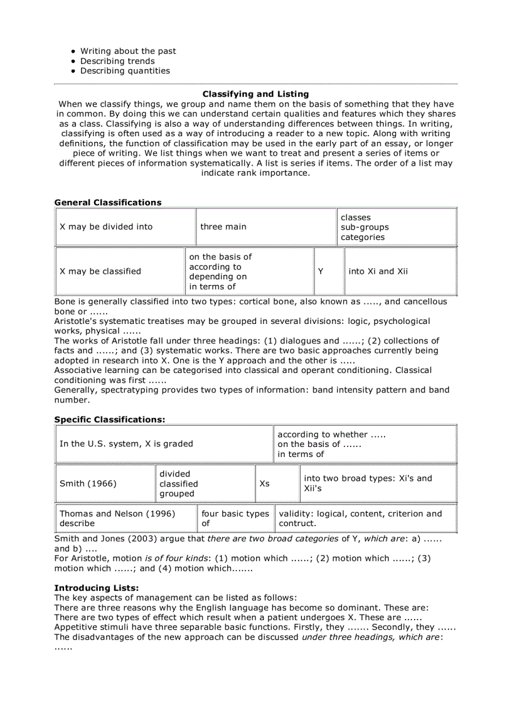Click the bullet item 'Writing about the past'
pyautogui.click(x=128, y=51)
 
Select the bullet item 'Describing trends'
pyautogui.click(x=117, y=61)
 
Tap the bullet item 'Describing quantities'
pyautogui.click(x=125, y=71)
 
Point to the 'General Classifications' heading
pyautogui.click(x=108, y=202)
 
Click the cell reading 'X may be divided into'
pyautogui.click(x=106, y=227)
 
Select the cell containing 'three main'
pyautogui.click(x=223, y=227)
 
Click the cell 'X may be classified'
pyautogui.click(x=100, y=271)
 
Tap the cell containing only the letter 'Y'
pyautogui.click(x=321, y=271)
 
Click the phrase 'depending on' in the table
pyautogui.click(x=218, y=276)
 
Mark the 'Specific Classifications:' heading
pyautogui.click(x=110, y=419)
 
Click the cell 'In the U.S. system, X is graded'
pyautogui.click(x=126, y=444)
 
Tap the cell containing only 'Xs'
pyautogui.click(x=264, y=483)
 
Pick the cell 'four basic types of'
pyautogui.click(x=235, y=518)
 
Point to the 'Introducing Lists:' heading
pyautogui.click(x=97, y=588)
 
